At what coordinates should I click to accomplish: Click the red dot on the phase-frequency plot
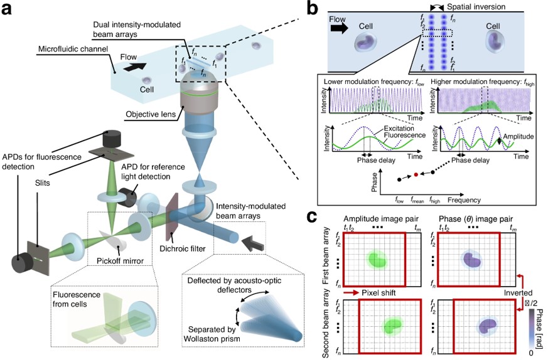click(x=415, y=176)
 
